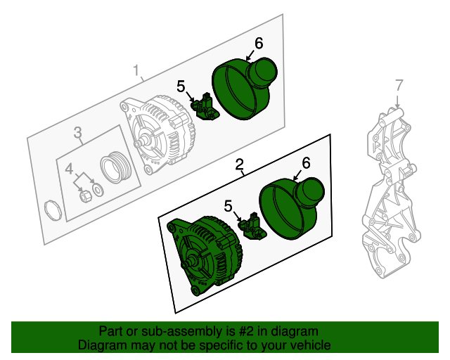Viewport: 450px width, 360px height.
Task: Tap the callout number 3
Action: click(78, 131)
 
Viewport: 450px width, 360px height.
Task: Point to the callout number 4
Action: click(69, 169)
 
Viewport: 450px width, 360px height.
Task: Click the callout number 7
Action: click(399, 85)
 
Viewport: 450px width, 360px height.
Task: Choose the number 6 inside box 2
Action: click(305, 162)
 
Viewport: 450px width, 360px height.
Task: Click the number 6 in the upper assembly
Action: click(258, 43)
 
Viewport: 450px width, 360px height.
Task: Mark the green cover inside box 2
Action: click(290, 207)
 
